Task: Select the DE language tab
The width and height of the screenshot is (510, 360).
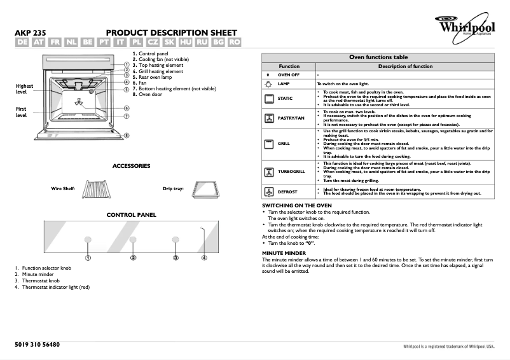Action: [22, 42]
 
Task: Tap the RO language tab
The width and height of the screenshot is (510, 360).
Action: [234, 42]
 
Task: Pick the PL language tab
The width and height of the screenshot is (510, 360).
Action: [136, 42]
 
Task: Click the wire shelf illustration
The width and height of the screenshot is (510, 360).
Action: [96, 189]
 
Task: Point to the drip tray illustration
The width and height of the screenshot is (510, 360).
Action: [208, 189]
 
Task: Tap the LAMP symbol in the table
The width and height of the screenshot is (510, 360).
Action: [268, 84]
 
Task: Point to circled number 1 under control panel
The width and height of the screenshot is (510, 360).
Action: [88, 258]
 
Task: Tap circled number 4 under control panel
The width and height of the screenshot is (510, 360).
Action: [204, 258]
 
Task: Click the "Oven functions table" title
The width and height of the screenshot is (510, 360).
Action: [379, 57]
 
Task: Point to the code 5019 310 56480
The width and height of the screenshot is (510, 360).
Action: [37, 344]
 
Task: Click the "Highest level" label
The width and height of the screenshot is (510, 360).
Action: [25, 89]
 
